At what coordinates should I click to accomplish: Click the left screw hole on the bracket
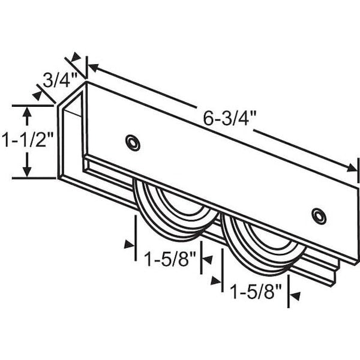point(133,142)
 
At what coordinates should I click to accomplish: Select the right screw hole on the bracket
point(319,216)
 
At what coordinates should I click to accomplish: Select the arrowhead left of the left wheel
point(129,244)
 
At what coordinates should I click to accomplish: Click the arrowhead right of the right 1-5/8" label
point(293,295)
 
